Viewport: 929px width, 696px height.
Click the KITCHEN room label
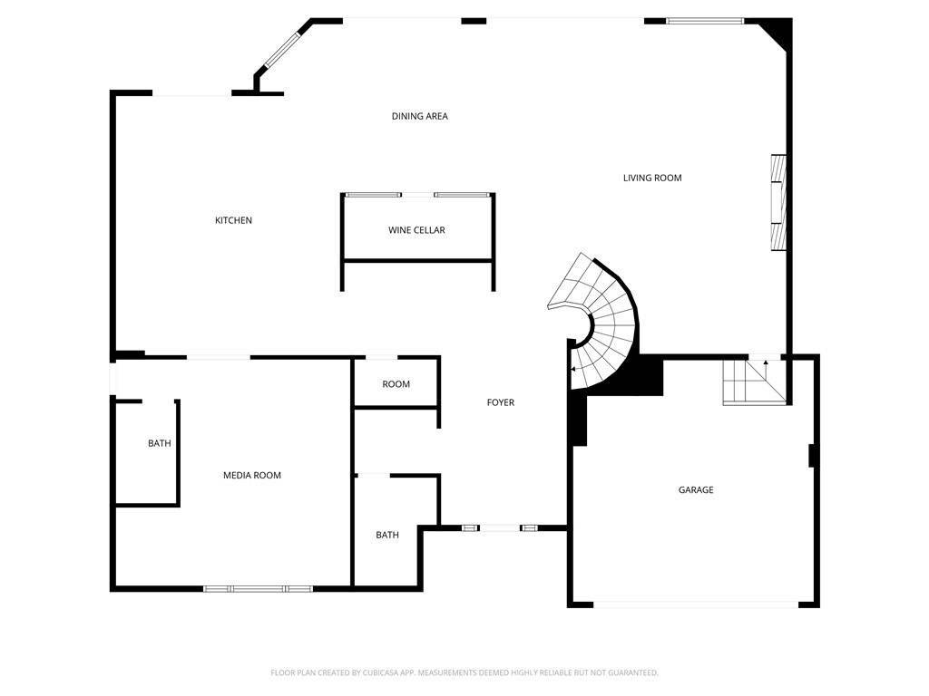[x=233, y=220]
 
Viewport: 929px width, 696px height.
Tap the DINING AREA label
[x=419, y=116]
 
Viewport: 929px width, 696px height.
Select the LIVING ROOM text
[x=652, y=178]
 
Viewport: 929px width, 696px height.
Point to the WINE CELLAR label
[x=416, y=230]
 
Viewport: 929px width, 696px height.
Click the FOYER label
[x=501, y=402]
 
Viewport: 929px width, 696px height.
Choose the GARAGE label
[x=696, y=490]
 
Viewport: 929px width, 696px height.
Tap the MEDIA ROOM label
[x=252, y=475]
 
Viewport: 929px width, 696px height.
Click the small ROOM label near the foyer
[x=396, y=384]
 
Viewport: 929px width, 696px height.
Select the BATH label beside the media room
[x=160, y=443]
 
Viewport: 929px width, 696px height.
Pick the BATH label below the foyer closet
[x=387, y=535]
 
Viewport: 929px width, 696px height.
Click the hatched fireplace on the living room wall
[x=778, y=202]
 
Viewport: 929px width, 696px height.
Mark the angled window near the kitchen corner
[x=282, y=50]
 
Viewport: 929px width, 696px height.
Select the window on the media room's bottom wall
[x=258, y=589]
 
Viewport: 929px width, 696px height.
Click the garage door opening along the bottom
[x=696, y=604]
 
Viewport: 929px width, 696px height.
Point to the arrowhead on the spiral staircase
[x=573, y=370]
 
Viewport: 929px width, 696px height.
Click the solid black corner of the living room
[x=777, y=34]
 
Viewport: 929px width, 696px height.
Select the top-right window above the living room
[x=705, y=22]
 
